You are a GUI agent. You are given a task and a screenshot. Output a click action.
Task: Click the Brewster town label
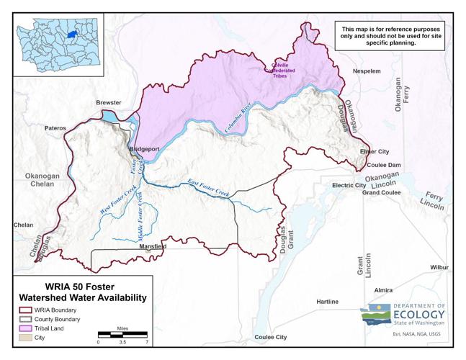click(x=109, y=103)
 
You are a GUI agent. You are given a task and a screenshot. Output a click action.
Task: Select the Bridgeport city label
click(x=143, y=148)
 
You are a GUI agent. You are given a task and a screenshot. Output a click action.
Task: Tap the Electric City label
click(x=349, y=185)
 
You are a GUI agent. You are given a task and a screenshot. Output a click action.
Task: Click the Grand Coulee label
click(x=382, y=193)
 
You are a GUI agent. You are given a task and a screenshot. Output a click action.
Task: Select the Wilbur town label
click(x=439, y=267)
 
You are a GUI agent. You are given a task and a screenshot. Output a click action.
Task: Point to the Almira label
click(x=383, y=290)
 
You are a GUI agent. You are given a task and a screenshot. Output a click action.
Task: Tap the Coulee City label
click(x=270, y=337)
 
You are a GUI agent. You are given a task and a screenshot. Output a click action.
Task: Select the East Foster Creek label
click(x=208, y=188)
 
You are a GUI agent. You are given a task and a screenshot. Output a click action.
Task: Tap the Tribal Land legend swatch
click(x=24, y=328)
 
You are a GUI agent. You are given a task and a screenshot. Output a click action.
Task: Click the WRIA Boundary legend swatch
click(x=24, y=310)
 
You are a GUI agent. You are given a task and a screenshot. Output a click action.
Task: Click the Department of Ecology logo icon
click(x=376, y=315)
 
